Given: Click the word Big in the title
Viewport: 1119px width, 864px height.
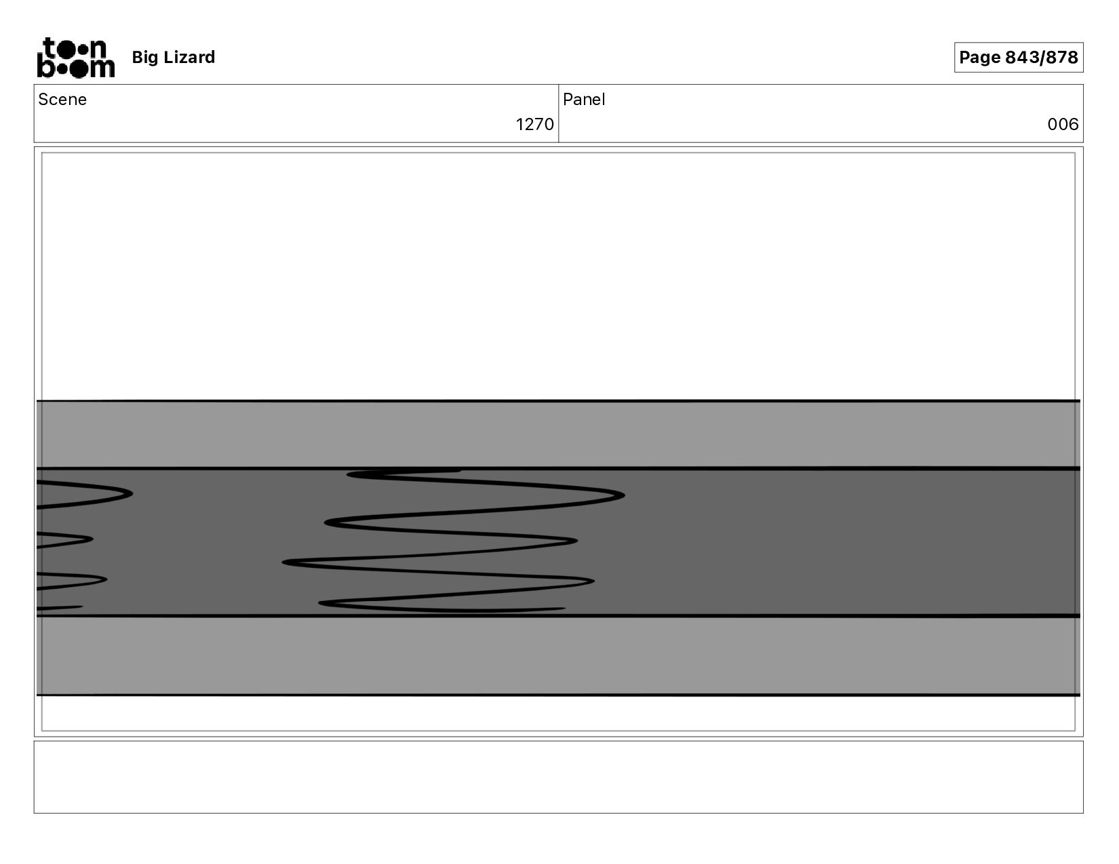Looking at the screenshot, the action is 144,58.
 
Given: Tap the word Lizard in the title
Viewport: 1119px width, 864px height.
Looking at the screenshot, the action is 189,57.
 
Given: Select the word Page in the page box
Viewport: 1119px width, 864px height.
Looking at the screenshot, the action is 979,58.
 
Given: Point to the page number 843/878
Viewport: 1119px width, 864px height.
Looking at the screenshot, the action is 1041,57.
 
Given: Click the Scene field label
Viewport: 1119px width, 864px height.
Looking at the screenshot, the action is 62,100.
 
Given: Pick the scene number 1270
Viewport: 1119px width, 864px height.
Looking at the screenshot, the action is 534,124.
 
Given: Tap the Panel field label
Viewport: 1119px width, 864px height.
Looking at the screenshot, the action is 583,100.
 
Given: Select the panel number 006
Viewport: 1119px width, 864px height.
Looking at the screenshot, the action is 1062,124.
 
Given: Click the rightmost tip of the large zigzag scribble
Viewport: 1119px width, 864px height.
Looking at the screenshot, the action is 625,495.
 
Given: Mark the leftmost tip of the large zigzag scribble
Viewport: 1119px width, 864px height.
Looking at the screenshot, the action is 283,562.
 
